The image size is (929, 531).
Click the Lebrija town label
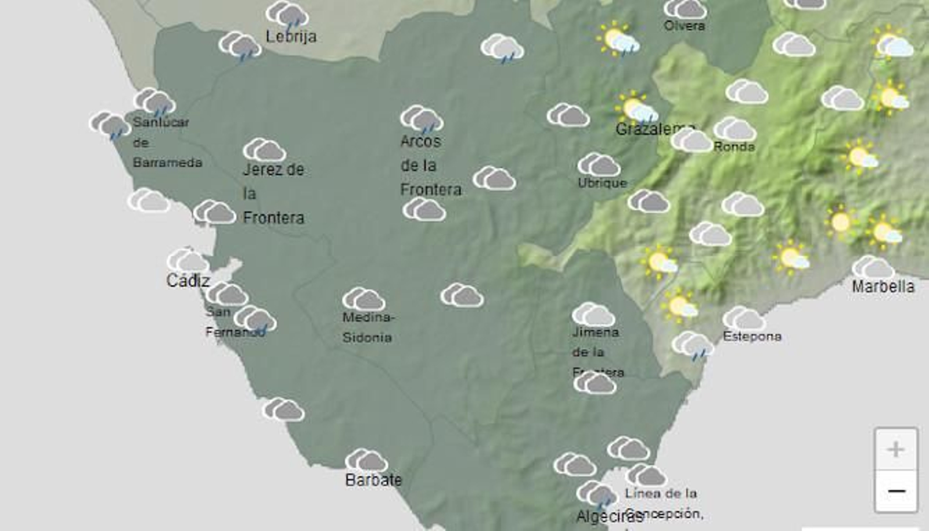click(291, 37)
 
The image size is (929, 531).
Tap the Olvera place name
click(685, 26)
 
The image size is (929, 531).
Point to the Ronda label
click(734, 147)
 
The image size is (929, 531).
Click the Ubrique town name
click(602, 183)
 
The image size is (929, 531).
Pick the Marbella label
click(883, 286)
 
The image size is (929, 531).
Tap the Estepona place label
click(752, 336)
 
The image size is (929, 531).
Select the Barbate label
click(373, 480)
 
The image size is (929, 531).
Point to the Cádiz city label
click(188, 281)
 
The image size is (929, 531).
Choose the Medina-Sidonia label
click(368, 327)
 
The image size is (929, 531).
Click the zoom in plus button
click(896, 449)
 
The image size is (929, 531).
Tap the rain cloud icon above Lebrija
click(287, 15)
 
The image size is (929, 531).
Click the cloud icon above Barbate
click(366, 460)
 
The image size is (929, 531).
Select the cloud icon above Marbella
click(873, 267)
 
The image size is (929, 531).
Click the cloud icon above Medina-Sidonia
click(363, 299)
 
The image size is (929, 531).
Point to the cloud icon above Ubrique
click(599, 164)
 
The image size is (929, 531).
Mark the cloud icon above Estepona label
click(744, 318)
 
